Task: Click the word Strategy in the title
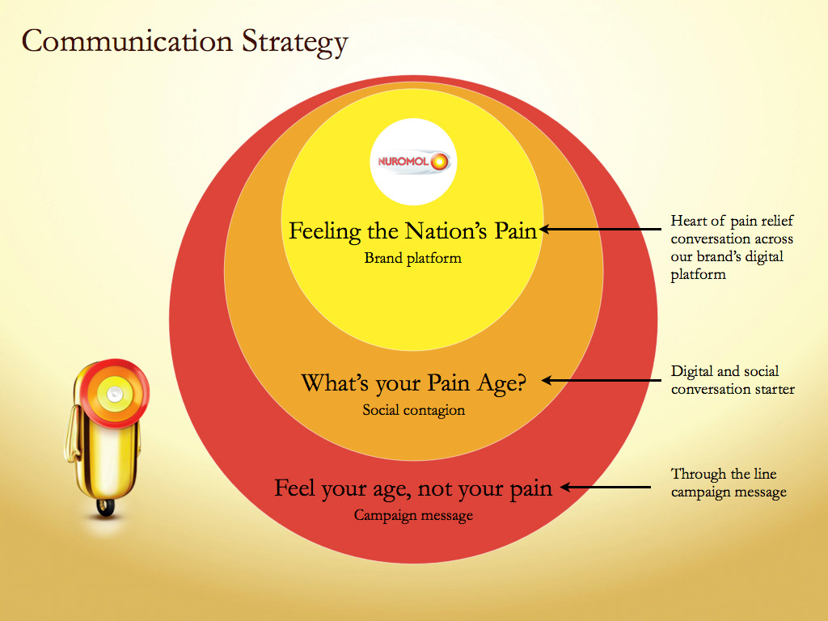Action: [x=294, y=42]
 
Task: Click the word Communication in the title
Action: [x=127, y=40]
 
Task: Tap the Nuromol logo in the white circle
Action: [x=413, y=162]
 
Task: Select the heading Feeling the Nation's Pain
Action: [x=412, y=231]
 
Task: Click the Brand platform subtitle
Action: [x=413, y=258]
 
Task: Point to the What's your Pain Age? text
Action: [x=413, y=383]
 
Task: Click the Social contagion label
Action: [x=413, y=410]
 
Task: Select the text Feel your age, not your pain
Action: [x=413, y=489]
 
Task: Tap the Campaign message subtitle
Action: [x=413, y=515]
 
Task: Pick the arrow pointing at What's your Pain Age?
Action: [x=602, y=380]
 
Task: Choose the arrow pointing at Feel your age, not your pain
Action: [x=605, y=487]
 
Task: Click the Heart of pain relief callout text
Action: [x=732, y=247]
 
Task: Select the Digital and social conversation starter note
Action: [x=733, y=380]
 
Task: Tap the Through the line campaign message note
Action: [x=729, y=483]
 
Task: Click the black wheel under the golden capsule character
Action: [x=106, y=507]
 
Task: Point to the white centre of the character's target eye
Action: [x=115, y=394]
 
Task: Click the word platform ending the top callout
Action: [x=698, y=275]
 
